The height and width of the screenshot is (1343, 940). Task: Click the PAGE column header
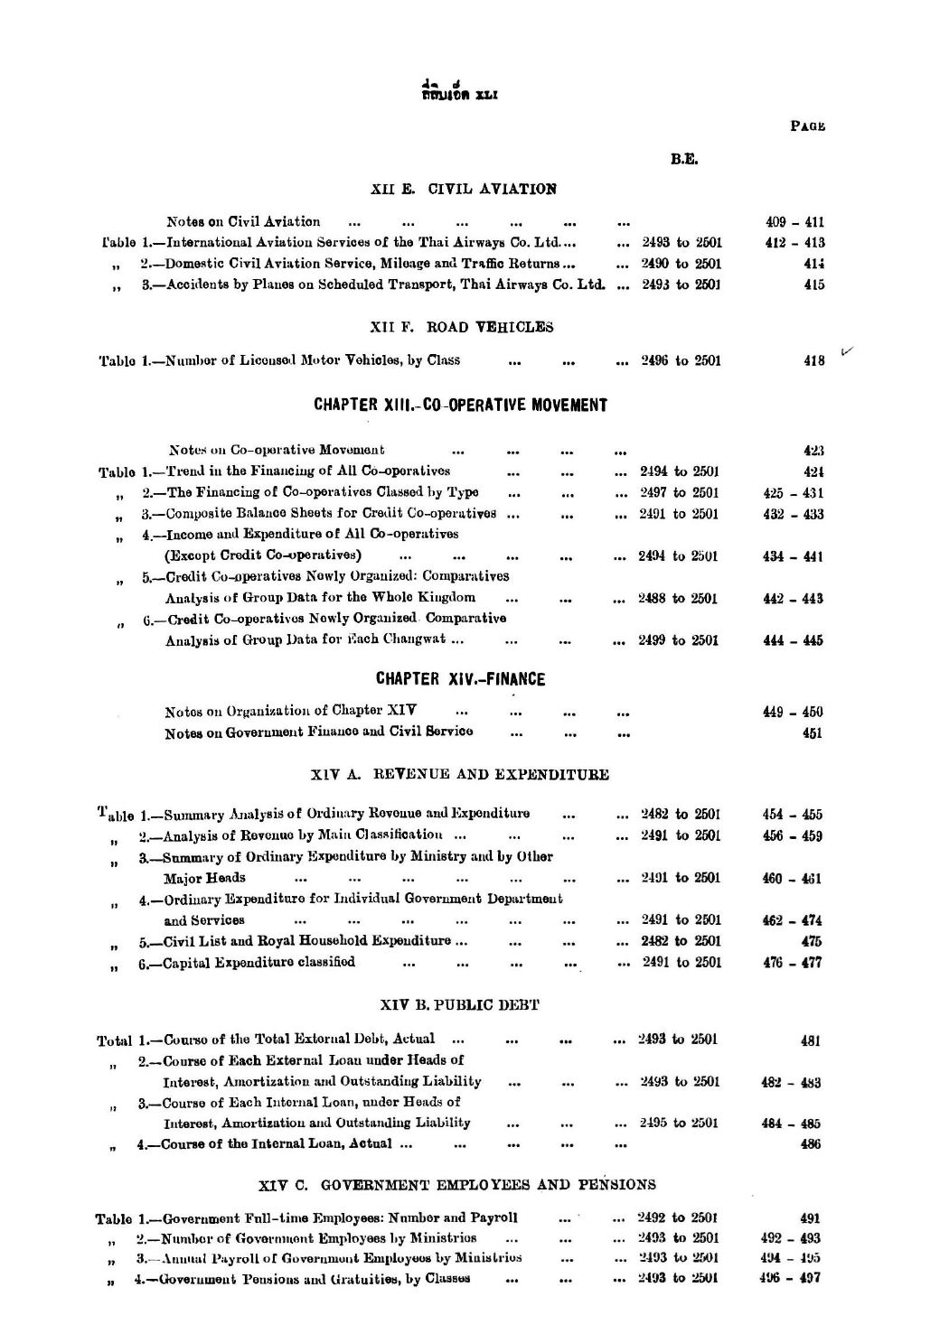pos(807,126)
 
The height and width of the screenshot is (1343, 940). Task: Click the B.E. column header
pos(683,160)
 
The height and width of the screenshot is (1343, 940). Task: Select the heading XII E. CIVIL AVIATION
pos(464,189)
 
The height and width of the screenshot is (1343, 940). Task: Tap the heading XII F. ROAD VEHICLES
pos(462,327)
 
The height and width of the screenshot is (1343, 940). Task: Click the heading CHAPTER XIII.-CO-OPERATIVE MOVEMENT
pos(460,406)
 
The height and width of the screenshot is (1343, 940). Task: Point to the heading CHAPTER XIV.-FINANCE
pos(460,679)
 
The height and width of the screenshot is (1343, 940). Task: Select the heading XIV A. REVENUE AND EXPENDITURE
pos(460,774)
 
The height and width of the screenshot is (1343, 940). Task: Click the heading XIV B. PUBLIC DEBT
pos(461,1004)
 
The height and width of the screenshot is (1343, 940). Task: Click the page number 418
pos(813,361)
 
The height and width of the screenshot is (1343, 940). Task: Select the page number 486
pos(811,1144)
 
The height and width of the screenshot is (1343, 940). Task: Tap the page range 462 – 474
pos(792,920)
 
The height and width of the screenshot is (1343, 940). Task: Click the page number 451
pos(812,733)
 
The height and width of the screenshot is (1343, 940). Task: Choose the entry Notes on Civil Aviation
pos(243,221)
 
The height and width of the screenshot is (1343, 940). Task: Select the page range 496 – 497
pos(791,1278)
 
